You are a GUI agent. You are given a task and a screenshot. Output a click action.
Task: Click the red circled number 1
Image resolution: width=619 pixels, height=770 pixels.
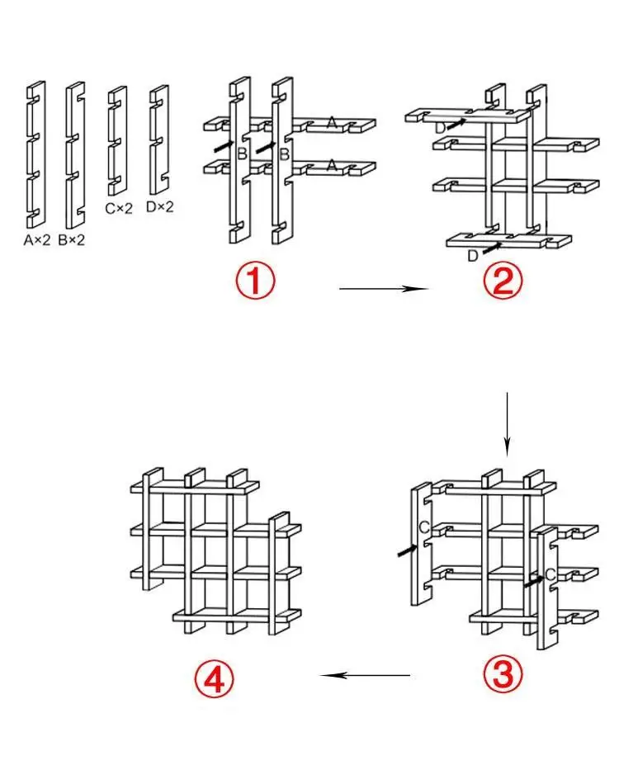pyautogui.click(x=256, y=281)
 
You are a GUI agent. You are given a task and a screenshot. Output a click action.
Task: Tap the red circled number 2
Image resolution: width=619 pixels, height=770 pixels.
pyautogui.click(x=503, y=281)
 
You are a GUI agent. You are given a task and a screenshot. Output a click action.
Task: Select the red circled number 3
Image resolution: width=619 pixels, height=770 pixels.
pyautogui.click(x=503, y=676)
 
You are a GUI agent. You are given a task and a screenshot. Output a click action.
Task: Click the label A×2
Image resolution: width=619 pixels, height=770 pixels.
pyautogui.click(x=38, y=241)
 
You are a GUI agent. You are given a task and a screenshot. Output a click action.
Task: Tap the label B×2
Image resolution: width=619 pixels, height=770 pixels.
pyautogui.click(x=73, y=241)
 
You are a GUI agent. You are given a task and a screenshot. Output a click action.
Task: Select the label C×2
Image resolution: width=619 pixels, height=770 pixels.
pyautogui.click(x=119, y=209)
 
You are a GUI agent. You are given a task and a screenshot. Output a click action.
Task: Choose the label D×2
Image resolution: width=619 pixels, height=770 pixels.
pyautogui.click(x=160, y=207)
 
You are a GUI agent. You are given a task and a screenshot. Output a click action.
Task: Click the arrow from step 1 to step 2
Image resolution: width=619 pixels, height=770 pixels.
pyautogui.click(x=383, y=289)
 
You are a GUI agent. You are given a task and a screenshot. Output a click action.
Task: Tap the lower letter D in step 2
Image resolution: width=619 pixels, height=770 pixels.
pyautogui.click(x=472, y=256)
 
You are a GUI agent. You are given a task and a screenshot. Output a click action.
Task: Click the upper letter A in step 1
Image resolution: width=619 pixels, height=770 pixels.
pyautogui.click(x=331, y=123)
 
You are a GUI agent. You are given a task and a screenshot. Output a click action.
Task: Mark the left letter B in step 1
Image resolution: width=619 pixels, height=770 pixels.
pyautogui.click(x=241, y=154)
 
